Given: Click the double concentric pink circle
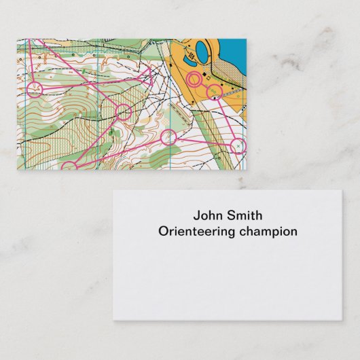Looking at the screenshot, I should point(194,80).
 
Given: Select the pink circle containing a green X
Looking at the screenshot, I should point(238,145).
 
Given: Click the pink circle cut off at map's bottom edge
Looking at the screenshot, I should point(69,166).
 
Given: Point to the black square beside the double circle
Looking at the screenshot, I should point(205,75).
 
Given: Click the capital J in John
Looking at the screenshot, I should point(197,215).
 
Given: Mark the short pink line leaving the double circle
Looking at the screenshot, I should point(204,86).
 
